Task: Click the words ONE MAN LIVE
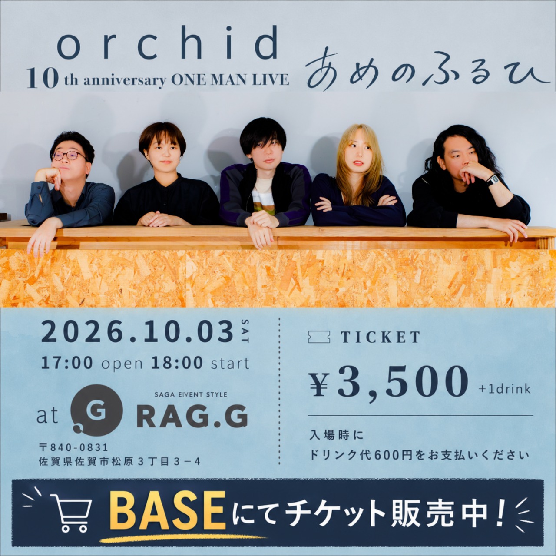coord(230,79)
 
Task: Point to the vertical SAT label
coord(245,331)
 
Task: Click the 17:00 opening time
coord(67,363)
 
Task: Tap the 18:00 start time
coord(177,363)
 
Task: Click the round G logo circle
coord(96,410)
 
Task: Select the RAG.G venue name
coord(192,417)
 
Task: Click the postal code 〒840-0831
coord(73,447)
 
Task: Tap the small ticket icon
coord(319,337)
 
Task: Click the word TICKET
coord(380,337)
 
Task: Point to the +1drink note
coord(504,389)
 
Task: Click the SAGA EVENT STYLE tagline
coord(191,394)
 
